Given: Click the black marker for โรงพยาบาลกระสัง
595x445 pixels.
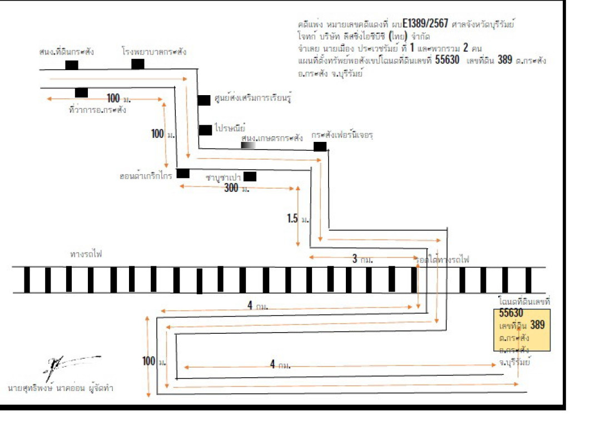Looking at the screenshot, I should [x=138, y=64].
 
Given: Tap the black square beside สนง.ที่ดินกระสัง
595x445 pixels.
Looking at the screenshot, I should [x=72, y=65].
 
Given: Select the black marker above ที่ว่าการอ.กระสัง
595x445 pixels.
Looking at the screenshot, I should [x=81, y=92].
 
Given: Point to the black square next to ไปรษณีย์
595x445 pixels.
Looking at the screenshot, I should [x=205, y=130].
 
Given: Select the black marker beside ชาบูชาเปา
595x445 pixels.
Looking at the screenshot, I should [x=250, y=176].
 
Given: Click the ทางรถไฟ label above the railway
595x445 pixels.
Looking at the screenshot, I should [x=86, y=254].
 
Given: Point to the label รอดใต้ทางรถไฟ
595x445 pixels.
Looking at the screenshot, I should [x=443, y=260].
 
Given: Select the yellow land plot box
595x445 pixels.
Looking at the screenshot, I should [x=522, y=330].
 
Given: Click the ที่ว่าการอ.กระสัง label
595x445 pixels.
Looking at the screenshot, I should [x=98, y=110].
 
